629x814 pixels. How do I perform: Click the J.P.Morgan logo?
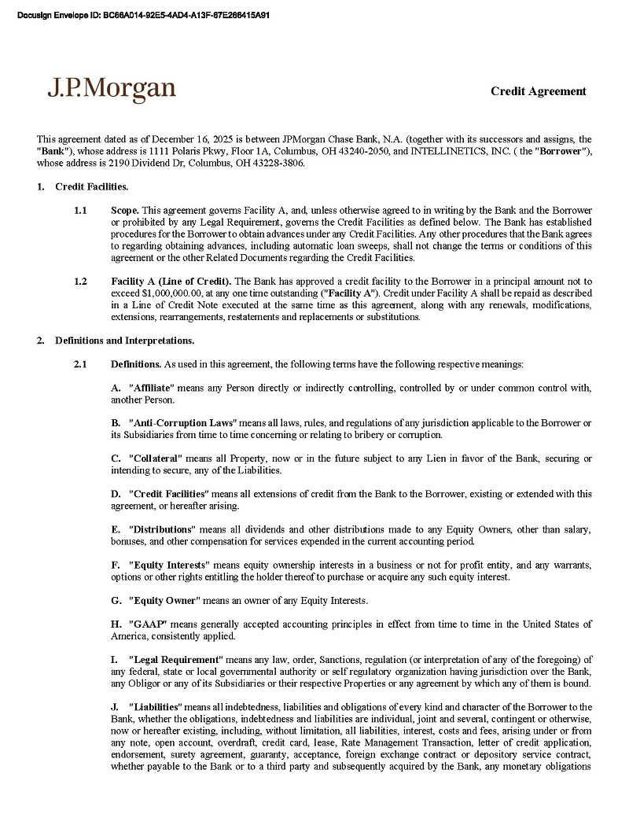pyautogui.click(x=111, y=89)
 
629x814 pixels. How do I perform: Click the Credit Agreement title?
pyautogui.click(x=538, y=91)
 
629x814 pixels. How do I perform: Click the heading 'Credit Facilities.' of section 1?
pyautogui.click(x=91, y=186)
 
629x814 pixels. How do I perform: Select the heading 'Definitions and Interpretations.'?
pyautogui.click(x=124, y=341)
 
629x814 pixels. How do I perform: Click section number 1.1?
pyautogui.click(x=80, y=211)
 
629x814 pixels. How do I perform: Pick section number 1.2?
pyautogui.click(x=80, y=281)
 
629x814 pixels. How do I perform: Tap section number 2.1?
pyautogui.click(x=80, y=364)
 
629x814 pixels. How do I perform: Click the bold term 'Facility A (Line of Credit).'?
pyautogui.click(x=171, y=281)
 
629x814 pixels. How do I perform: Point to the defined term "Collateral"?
pyautogui.click(x=156, y=459)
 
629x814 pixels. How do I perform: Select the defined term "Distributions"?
pyautogui.click(x=160, y=529)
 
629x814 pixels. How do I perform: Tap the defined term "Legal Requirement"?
pyautogui.click(x=175, y=659)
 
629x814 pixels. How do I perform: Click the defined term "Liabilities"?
pyautogui.click(x=155, y=707)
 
